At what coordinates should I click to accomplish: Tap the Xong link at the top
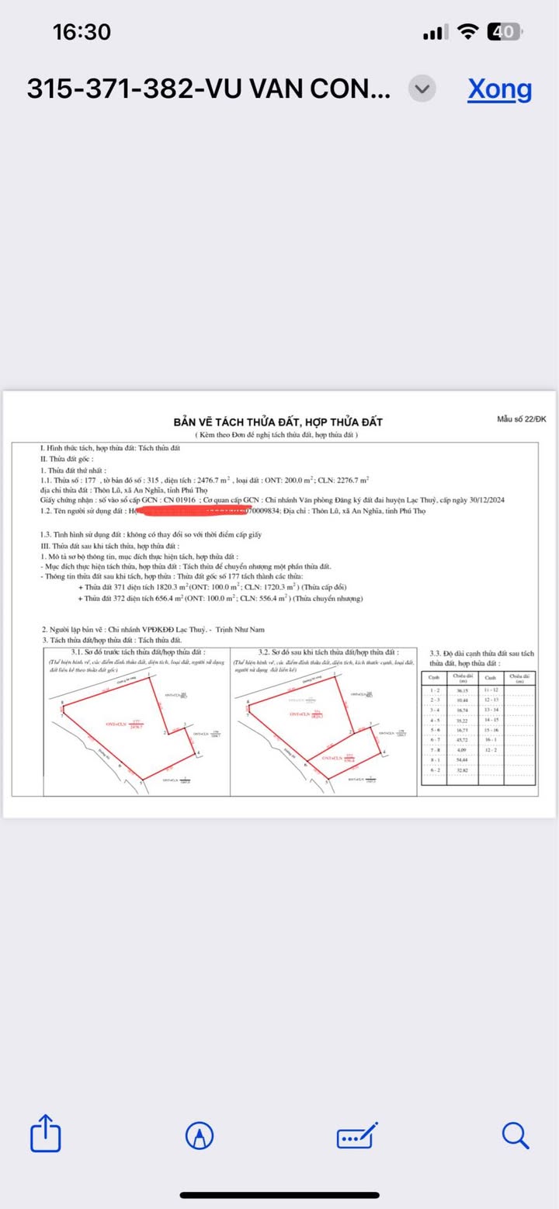[499, 89]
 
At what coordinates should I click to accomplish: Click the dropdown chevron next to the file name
[422, 89]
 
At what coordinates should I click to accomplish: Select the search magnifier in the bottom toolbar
[515, 1135]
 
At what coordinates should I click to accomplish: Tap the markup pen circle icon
[200, 1136]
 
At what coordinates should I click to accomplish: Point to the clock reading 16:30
[82, 32]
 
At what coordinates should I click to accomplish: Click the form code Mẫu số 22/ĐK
[522, 419]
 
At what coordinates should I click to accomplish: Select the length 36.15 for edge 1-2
[462, 690]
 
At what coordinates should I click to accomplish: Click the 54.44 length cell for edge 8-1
[462, 760]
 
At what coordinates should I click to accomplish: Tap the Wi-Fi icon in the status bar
[467, 32]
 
